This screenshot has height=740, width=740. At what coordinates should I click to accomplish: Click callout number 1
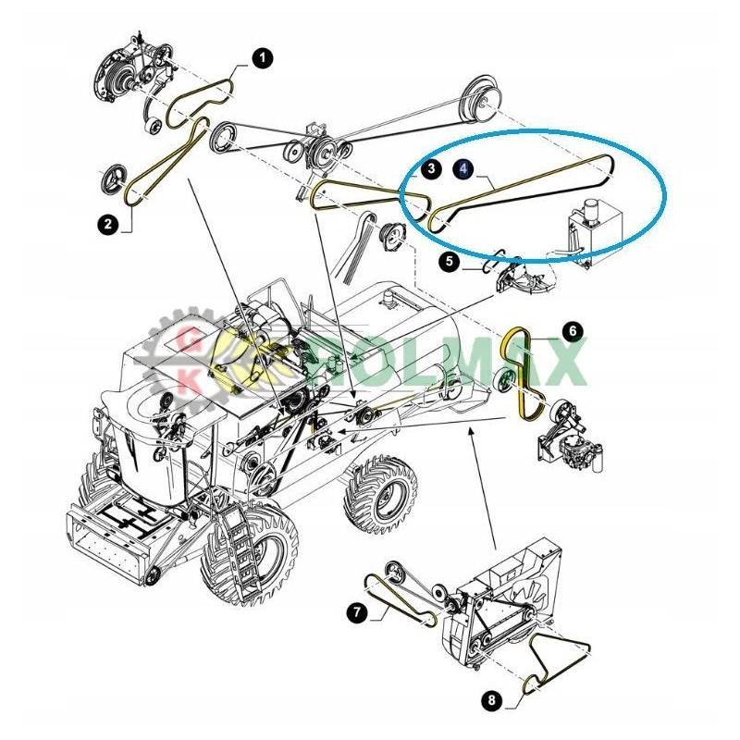coord(263,58)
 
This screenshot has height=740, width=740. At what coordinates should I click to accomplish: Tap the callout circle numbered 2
coord(108,224)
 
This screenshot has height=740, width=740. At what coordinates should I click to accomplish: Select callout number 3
coord(430,169)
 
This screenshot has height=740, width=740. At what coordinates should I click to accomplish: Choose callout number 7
coord(356,611)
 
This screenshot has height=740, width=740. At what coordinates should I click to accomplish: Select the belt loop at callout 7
coord(398,601)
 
